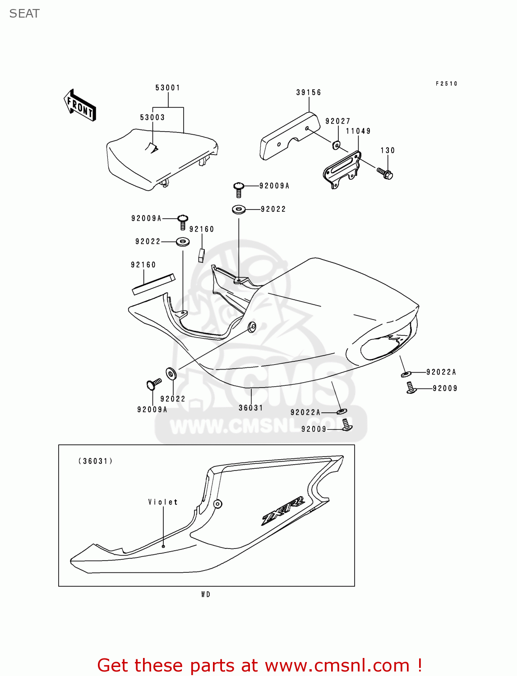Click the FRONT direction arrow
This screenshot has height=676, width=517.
pos(80,105)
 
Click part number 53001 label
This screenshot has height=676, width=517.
pos(168,88)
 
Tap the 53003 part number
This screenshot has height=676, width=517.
pos(152,118)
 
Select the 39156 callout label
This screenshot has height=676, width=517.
pos(309,93)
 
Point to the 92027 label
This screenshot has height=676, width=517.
pos(338,121)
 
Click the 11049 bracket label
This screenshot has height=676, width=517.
pos(358,131)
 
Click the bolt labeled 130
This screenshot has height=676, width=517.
pos(385,173)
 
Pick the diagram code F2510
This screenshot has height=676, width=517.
pos(446,84)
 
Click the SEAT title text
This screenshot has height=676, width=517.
pos(24,14)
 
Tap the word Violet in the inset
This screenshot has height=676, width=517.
pos(163,502)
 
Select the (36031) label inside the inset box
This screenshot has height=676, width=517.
pos(95,461)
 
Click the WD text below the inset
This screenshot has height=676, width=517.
pos(206,594)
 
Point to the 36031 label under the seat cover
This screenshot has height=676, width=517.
pos(251,408)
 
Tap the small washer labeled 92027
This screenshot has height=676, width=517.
pos(337,145)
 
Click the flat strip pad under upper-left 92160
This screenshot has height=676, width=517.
pos(153,284)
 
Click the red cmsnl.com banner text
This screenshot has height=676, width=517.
pos(259,665)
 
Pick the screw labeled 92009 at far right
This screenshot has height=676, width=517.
pos(411,388)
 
